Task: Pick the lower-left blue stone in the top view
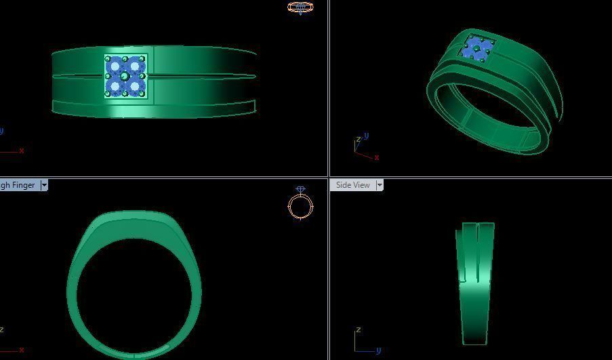pos(116,86)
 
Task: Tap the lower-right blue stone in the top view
pos(136,86)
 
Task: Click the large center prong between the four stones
pos(125,77)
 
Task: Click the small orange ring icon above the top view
pos(300,7)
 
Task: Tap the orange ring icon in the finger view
pos(300,205)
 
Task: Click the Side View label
pos(353,185)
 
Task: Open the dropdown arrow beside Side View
pos(380,185)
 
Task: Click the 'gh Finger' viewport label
pos(18,185)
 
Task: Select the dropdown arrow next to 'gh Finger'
pos(44,185)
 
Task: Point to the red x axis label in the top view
pos(22,151)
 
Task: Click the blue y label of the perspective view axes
pos(366,136)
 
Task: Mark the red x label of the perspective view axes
pos(376,158)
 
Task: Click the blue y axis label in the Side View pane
pos(379,350)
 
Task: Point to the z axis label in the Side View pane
pos(358,330)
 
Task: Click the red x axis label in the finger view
pos(22,350)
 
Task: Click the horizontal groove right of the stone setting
pos(203,77)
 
